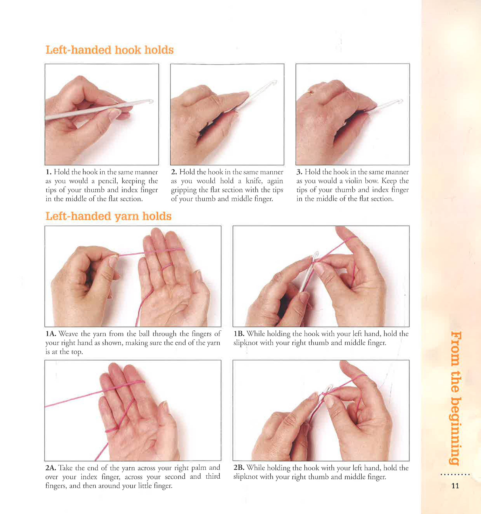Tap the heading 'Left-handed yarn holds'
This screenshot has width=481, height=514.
(108, 216)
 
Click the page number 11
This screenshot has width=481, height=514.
(455, 486)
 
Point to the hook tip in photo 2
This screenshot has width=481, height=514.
(274, 82)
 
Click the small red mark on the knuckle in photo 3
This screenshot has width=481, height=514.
(311, 92)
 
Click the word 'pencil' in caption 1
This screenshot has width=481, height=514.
(107, 181)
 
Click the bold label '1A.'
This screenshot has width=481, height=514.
(51, 334)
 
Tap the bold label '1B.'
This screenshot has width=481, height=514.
(239, 334)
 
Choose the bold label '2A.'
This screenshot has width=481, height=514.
(51, 468)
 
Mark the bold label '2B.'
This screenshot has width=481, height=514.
(239, 468)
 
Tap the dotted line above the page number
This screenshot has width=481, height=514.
(455, 475)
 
